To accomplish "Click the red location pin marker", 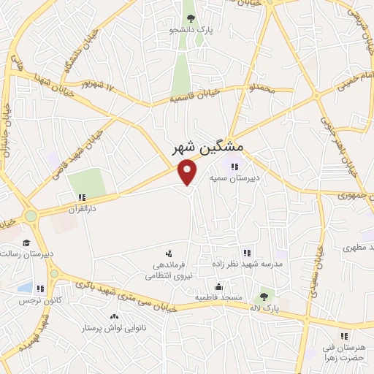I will [x=188, y=172].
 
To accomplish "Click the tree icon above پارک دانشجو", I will [x=191, y=18].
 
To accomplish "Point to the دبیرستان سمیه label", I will [x=234, y=177].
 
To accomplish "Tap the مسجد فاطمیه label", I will [x=218, y=298].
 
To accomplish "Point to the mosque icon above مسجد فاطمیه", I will [x=218, y=286].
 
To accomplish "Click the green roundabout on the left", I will [x=30, y=216].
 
